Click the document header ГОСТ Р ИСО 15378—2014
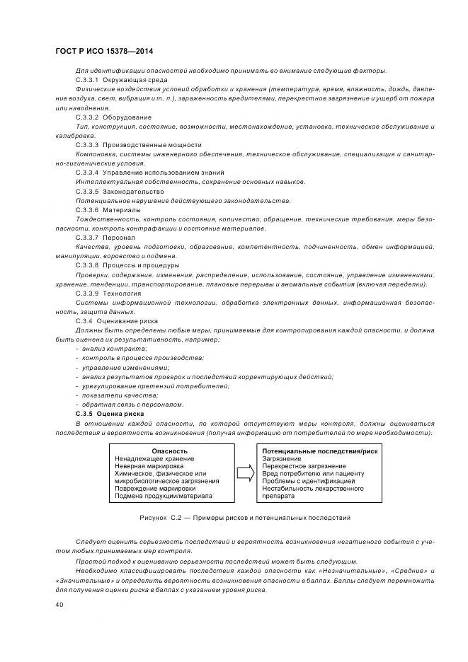103,52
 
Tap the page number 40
59,605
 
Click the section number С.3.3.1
88,81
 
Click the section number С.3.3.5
88,192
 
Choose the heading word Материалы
122,210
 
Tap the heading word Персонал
120,238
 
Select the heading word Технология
122,293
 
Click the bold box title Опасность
170,451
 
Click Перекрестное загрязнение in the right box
303,466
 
